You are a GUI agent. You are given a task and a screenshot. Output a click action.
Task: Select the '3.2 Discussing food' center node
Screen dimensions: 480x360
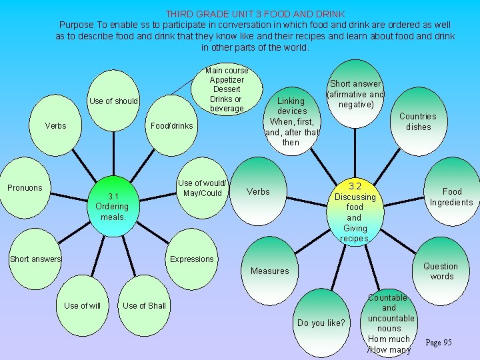pos(355,211)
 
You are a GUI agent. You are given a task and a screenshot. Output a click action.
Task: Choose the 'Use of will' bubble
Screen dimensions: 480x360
pos(83,306)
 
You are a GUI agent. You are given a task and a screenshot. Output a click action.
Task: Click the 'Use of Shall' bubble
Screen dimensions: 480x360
pos(145,306)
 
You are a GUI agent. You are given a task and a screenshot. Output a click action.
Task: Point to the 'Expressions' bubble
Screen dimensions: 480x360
pos(192,259)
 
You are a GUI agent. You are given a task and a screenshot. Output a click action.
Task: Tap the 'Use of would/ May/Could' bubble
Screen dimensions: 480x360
pos(202,189)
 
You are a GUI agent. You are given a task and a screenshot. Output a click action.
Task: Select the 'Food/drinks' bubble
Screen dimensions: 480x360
pos(171,126)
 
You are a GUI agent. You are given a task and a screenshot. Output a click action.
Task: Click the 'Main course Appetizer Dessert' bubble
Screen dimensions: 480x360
pos(227,89)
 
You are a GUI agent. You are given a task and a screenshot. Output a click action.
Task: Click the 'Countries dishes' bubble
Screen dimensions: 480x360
pos(418,121)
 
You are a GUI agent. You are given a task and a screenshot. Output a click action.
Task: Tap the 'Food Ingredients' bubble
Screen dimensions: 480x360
pos(451,197)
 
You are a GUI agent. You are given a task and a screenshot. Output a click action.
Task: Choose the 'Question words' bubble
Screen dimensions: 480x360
pos(441,270)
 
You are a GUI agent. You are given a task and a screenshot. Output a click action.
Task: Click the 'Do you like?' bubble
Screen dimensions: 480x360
pos(321,323)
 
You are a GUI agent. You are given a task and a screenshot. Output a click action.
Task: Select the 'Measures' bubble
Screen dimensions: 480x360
pos(269,271)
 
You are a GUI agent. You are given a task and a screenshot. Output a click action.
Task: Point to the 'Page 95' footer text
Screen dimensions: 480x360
pos(439,343)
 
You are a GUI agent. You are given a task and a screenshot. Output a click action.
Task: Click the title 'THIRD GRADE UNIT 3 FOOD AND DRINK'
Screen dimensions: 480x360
pos(255,13)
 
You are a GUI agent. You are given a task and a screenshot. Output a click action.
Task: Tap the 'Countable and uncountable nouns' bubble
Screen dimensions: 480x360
pos(389,324)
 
